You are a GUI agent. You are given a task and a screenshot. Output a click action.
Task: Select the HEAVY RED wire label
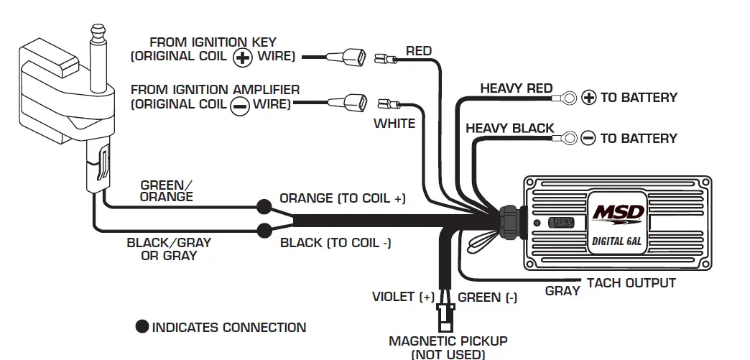pos(516,88)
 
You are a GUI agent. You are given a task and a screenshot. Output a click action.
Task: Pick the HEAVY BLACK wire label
pos(509,129)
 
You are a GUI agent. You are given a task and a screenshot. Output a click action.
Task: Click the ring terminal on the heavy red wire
pos(570,95)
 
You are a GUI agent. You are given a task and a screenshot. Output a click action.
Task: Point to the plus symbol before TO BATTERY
pos(589,97)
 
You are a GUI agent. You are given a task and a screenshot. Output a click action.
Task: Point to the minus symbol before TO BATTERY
pos(588,138)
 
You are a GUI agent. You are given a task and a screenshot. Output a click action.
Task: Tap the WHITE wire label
pos(394,124)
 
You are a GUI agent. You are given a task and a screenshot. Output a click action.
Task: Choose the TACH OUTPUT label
pos(631,282)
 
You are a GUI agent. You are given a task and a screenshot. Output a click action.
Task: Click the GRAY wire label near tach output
pos(562,291)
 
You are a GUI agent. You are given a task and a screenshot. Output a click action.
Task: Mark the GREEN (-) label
pos(487,297)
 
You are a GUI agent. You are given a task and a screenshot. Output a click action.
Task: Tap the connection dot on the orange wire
pos(264,207)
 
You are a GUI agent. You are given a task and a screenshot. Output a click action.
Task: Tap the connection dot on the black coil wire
pos(264,231)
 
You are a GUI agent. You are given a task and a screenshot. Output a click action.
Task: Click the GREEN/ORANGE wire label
pos(166,190)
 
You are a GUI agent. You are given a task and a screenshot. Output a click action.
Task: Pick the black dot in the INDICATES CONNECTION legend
pos(142,327)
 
